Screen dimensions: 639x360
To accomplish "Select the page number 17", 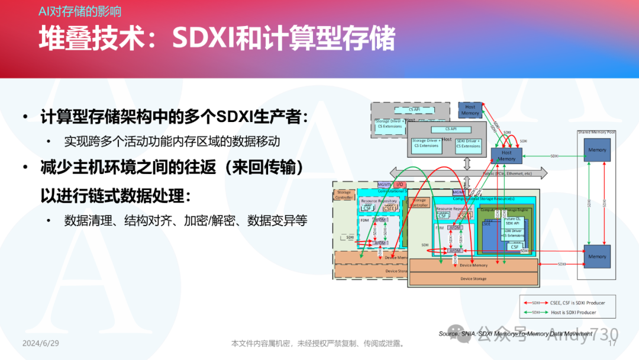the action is click(x=612, y=343).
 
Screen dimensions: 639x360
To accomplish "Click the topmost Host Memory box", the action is click(x=470, y=110).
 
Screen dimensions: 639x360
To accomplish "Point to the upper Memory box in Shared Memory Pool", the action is click(x=597, y=150).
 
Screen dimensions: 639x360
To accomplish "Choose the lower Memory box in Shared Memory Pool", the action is click(x=597, y=256).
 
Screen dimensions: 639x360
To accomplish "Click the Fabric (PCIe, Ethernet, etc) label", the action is click(x=506, y=173).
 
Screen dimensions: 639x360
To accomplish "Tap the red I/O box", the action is click(x=401, y=185).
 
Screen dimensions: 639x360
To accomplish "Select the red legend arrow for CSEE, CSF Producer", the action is click(x=535, y=303).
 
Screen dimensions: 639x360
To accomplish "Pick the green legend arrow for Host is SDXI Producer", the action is click(x=535, y=312).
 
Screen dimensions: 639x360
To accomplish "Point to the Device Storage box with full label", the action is click(x=473, y=278).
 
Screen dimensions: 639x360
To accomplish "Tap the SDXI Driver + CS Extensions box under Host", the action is click(x=469, y=143).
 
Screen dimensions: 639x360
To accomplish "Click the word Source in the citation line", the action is click(x=448, y=334).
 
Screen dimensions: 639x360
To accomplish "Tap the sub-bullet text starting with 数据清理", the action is click(x=186, y=221).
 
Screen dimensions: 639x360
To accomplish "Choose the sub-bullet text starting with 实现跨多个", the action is click(x=172, y=142).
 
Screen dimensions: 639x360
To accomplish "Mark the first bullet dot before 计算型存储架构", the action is click(x=25, y=117).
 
